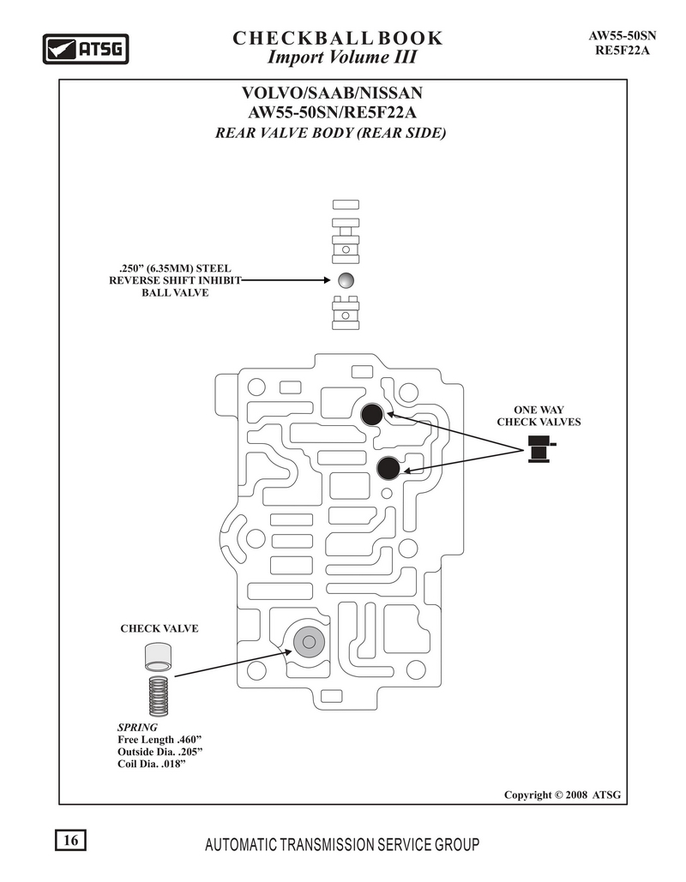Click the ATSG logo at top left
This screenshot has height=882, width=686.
pos(86,49)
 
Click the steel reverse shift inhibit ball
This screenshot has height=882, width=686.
pos(346,280)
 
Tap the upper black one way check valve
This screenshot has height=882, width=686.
pos(372,415)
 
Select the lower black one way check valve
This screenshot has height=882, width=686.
pos(388,468)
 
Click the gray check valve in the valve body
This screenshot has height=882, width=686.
pos(309,642)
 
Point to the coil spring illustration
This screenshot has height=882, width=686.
pos(158,696)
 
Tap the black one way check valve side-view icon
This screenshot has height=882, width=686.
pos(542,449)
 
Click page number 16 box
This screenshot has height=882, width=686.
pos(70,840)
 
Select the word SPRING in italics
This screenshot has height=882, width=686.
pos(137,728)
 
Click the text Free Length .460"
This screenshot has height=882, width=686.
pos(159,740)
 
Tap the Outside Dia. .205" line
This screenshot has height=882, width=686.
pos(160,752)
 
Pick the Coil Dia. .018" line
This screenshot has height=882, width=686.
pos(152,765)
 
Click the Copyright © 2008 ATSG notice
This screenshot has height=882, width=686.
pos(563,795)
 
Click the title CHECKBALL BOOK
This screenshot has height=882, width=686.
pos(338,39)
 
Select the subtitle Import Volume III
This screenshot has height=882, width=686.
pos(342,57)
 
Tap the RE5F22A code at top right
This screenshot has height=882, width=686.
pos(623,50)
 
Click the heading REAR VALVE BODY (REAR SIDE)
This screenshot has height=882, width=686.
pos(331,133)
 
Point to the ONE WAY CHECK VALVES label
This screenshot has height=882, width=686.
pos(539,417)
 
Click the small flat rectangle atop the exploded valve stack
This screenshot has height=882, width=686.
pos(346,205)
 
